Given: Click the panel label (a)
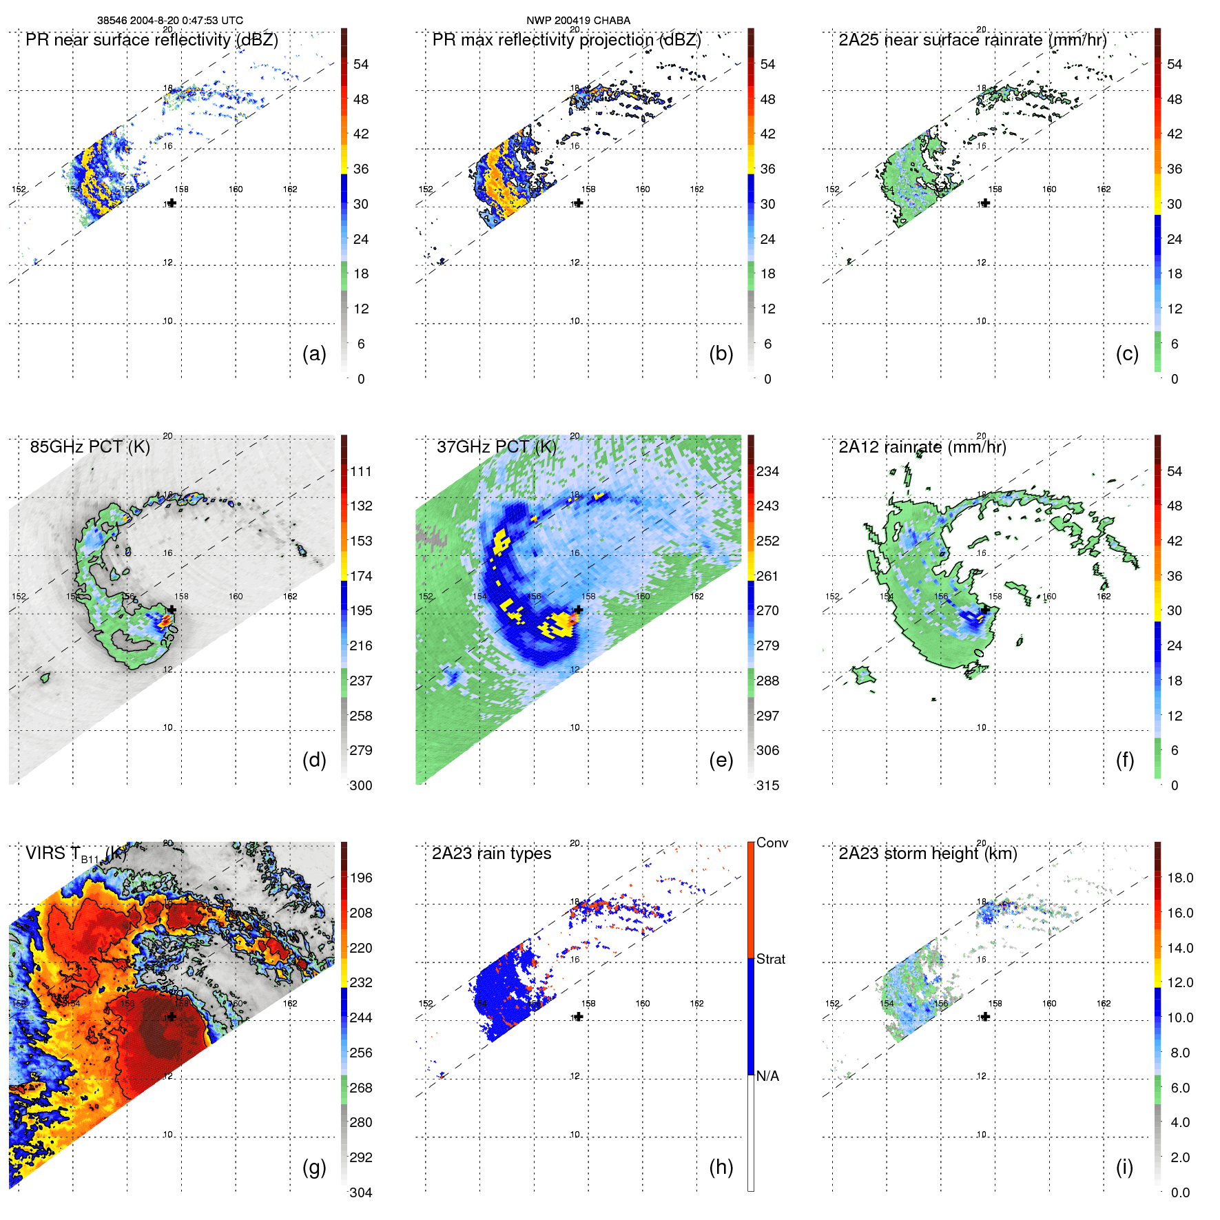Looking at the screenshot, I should (314, 353).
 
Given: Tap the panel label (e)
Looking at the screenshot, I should (721, 760).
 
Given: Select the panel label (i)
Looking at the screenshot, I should (1124, 1167).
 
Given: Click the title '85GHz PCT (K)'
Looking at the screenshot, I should (90, 446).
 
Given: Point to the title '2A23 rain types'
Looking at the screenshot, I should (491, 854).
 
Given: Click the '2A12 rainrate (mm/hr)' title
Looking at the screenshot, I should (922, 446).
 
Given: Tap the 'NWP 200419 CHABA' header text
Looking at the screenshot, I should (578, 21).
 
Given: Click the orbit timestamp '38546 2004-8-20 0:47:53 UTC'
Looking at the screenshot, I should (169, 21).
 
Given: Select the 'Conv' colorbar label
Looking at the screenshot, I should (772, 842).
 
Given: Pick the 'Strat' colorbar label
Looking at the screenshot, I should (771, 959).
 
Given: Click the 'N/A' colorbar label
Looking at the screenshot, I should (767, 1076).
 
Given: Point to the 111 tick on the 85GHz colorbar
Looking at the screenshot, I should (361, 471).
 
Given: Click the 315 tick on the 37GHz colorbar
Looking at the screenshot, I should (767, 785).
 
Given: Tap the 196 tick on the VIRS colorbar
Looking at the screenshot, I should (361, 878).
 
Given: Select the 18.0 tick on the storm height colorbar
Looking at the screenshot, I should (1180, 878).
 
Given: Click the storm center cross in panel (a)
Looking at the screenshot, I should (172, 203).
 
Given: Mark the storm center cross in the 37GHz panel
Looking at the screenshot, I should (579, 610).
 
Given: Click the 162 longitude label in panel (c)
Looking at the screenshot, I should (1104, 189).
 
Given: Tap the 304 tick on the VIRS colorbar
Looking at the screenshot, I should (361, 1192).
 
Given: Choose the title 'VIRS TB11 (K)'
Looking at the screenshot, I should (76, 854).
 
